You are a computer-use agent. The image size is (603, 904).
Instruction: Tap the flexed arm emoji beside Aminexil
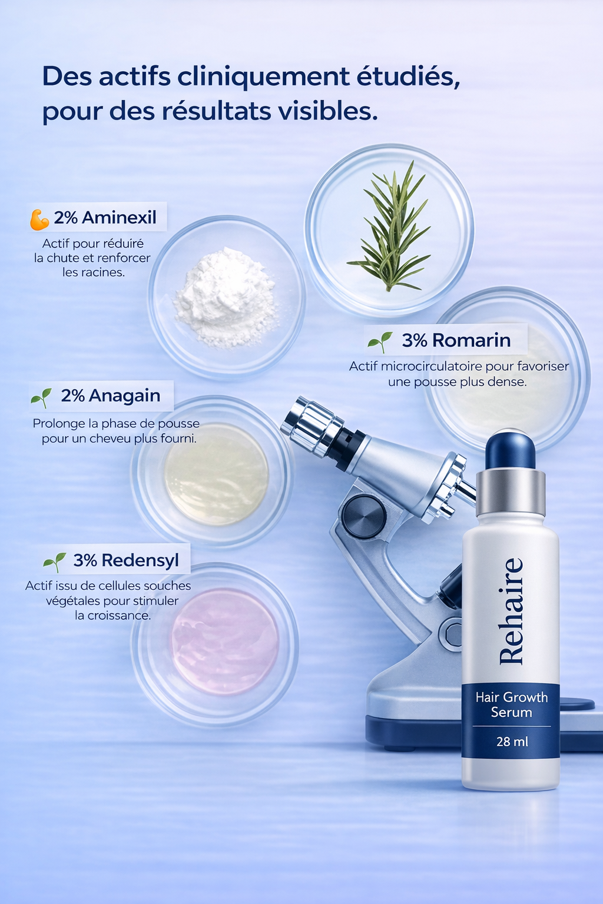[x=39, y=219]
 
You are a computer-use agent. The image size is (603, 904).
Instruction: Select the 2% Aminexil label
[x=105, y=218]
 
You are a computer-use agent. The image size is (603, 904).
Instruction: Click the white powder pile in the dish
[x=226, y=297]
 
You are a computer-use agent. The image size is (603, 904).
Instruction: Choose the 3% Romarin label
[x=456, y=340]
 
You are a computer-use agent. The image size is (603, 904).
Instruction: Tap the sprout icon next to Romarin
[x=380, y=341]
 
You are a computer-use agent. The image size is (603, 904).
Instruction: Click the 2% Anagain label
[x=110, y=395]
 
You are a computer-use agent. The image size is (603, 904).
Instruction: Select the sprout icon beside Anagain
[x=41, y=398]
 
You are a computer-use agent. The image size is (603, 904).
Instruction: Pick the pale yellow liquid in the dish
[x=216, y=474]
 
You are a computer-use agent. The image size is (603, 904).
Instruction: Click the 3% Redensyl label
[x=125, y=560]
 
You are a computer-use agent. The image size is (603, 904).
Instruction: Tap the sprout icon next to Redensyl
[x=54, y=562]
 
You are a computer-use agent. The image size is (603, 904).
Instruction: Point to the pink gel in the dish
[x=224, y=642]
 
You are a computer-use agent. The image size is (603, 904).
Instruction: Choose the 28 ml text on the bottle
[x=512, y=742]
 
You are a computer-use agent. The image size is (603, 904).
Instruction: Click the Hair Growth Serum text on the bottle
[x=511, y=704]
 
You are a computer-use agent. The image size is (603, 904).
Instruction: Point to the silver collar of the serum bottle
[x=510, y=492]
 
